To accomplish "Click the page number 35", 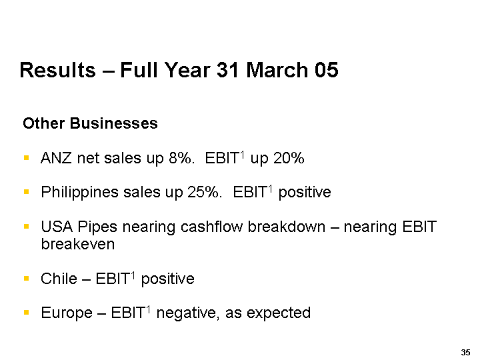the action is [x=465, y=353].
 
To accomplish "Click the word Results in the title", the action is [x=58, y=70].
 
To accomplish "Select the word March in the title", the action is [x=277, y=70].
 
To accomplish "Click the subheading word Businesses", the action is [x=113, y=123].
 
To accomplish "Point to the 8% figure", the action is [x=181, y=158].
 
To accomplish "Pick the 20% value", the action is [x=289, y=158].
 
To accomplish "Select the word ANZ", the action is [x=56, y=158].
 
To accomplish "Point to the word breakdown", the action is [x=287, y=227].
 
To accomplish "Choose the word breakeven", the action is [x=78, y=244].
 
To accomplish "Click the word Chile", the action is [x=59, y=279].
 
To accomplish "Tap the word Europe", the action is [x=67, y=313].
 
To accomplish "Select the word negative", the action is [x=187, y=313].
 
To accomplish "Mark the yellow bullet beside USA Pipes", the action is [x=26, y=227].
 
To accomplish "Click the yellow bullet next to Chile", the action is [x=26, y=279].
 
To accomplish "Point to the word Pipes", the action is [x=97, y=227].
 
